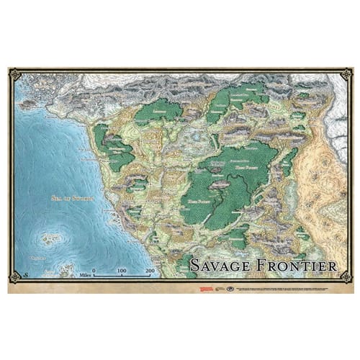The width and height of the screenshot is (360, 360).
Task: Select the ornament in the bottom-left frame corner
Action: (14, 276)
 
